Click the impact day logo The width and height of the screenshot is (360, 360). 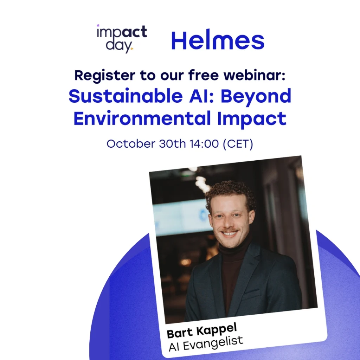click(x=122, y=39)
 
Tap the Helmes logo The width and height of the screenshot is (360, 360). click(x=218, y=40)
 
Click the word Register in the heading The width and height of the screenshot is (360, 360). click(x=105, y=76)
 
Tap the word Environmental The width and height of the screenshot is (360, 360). click(x=142, y=118)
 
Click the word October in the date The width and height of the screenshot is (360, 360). click(x=131, y=144)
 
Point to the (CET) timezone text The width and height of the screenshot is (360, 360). click(x=238, y=144)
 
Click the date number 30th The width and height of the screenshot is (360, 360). click(x=172, y=144)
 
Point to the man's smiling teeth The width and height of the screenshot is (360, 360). click(x=229, y=234)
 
